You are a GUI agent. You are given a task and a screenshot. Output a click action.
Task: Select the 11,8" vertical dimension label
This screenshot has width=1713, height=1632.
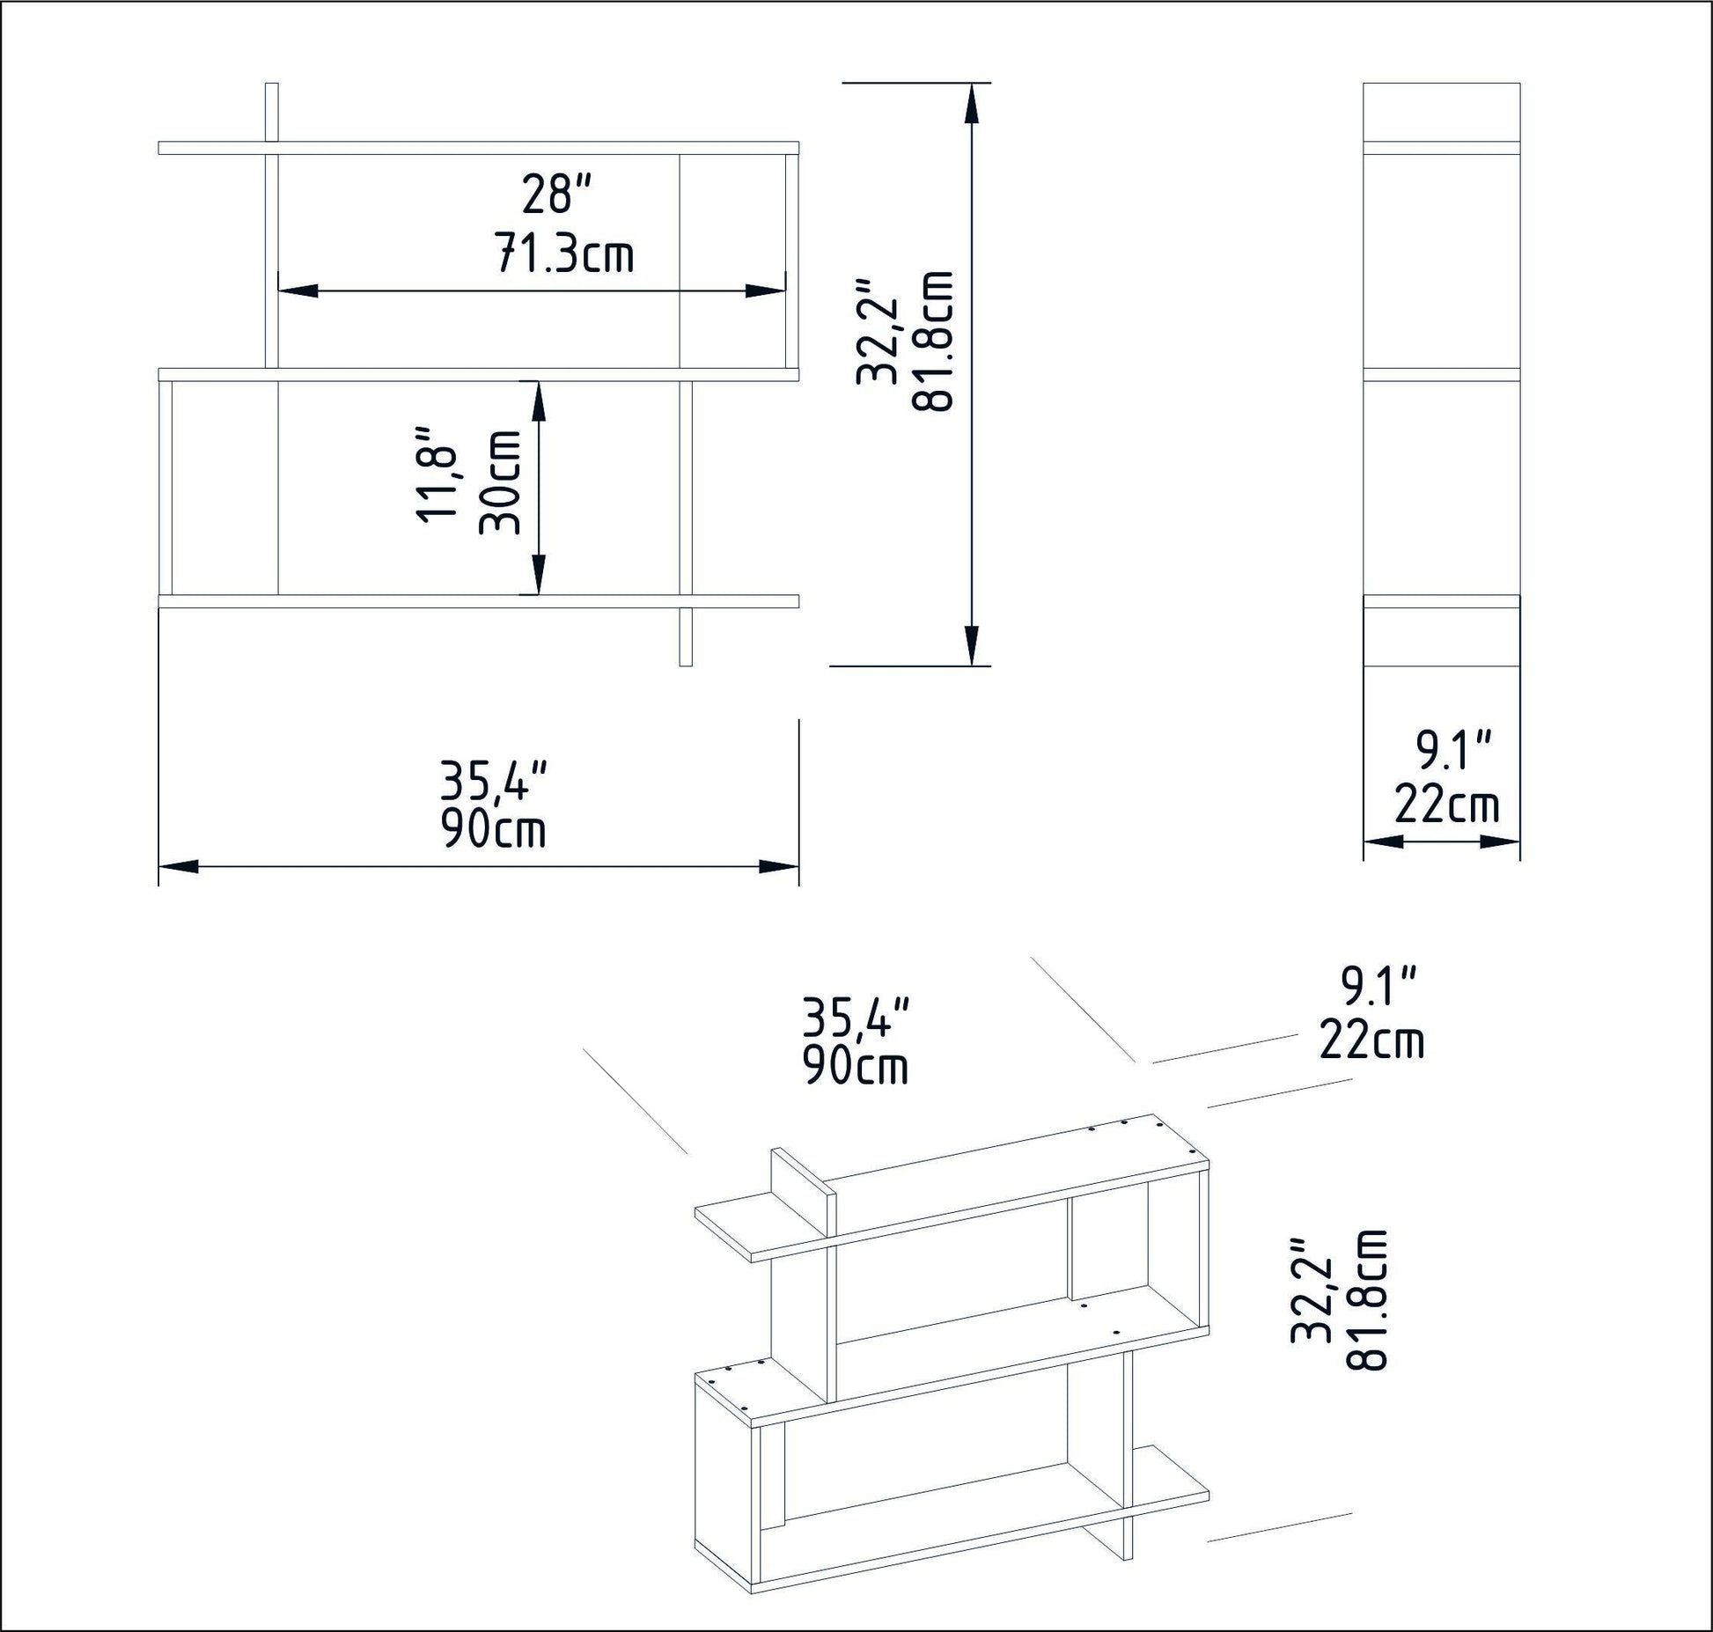[x=437, y=476]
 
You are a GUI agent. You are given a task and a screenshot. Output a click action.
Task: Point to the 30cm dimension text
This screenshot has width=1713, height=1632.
[x=500, y=482]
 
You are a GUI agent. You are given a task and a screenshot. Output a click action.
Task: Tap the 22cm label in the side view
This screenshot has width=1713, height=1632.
[x=1446, y=805]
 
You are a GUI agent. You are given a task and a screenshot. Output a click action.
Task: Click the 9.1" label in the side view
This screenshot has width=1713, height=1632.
[x=1453, y=751]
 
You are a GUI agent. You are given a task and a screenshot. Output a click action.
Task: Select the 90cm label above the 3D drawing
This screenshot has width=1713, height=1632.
[x=855, y=1066]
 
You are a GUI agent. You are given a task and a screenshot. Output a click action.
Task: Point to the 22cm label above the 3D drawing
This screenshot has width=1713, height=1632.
[x=1371, y=1040]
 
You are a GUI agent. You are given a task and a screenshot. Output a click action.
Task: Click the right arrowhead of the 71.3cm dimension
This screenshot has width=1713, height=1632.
[x=765, y=290]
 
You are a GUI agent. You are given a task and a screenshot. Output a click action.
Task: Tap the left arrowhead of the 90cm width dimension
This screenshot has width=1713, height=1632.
[x=179, y=867]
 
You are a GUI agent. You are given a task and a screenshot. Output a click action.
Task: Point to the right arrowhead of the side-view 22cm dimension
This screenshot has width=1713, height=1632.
[x=1500, y=842]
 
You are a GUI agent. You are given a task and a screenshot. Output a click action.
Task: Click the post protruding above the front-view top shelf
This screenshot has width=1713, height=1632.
[x=271, y=111]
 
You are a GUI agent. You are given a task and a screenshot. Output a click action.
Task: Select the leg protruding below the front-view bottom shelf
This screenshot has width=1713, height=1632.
[x=687, y=636]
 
